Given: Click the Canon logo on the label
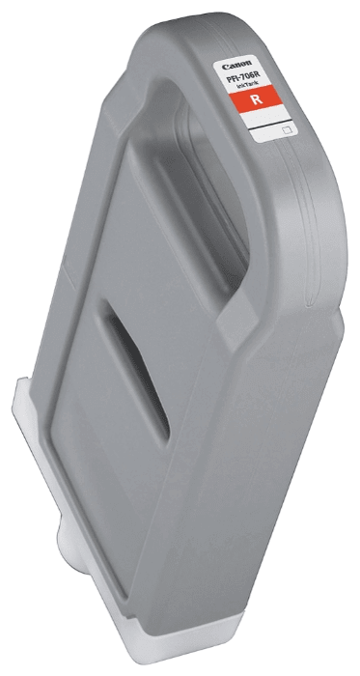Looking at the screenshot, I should click(x=235, y=65).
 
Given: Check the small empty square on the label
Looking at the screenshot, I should click(x=285, y=126).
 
